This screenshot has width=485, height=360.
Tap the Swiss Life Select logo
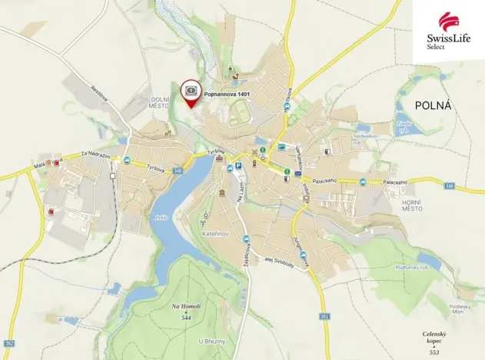pos(450,32)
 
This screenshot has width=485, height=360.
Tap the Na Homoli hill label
pos(186,310)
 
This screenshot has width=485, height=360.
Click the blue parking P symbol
pos(238,165)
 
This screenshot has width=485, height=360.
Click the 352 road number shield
pos(9,342)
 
